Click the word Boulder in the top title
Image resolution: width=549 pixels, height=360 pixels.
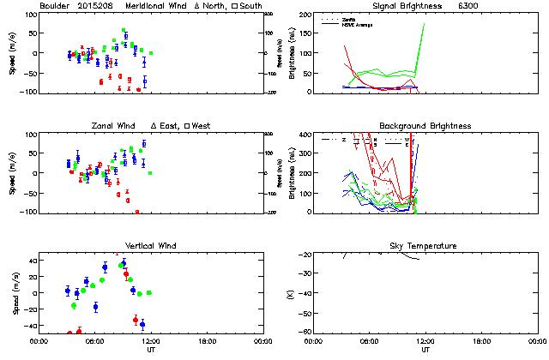55,6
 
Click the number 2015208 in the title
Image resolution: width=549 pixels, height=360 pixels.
96,6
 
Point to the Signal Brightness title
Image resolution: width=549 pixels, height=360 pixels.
401,6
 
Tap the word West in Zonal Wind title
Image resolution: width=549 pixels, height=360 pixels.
200,126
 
